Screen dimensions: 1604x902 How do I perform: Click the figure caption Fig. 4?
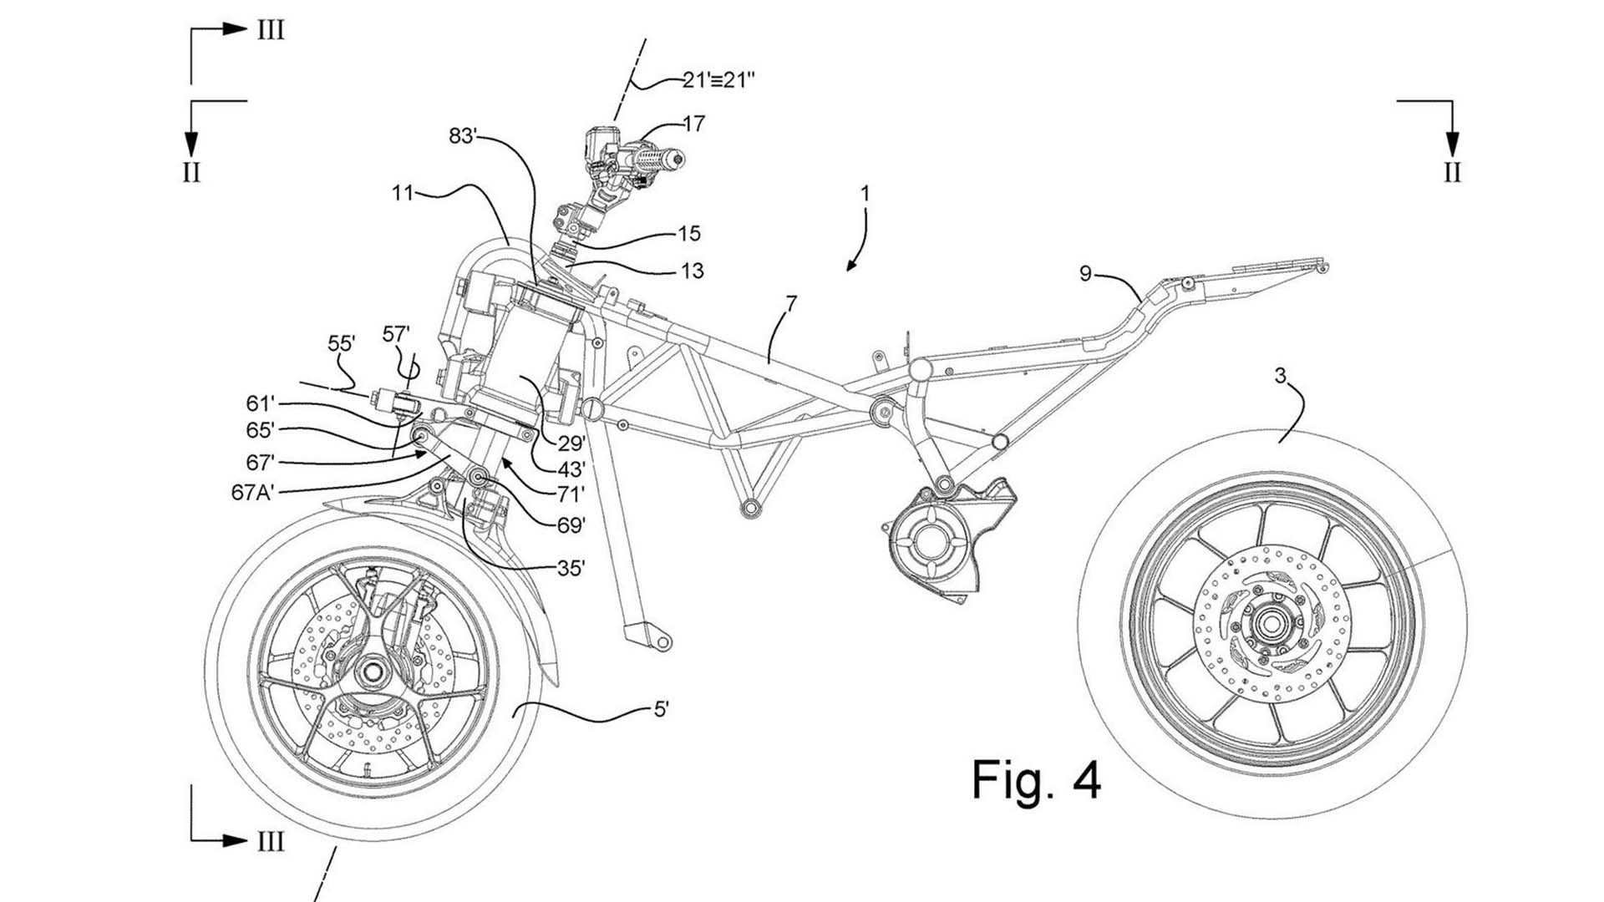(x=1036, y=779)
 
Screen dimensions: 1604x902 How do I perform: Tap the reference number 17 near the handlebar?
(x=694, y=124)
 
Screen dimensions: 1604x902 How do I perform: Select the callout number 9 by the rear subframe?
(x=1085, y=274)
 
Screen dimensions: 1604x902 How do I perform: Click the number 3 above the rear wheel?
(x=1281, y=376)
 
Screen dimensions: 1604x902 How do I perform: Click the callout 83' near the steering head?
(x=464, y=136)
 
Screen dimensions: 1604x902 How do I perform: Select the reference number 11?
(x=403, y=194)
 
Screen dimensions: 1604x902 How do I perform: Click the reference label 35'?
(x=571, y=569)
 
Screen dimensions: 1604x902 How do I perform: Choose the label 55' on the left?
(x=342, y=343)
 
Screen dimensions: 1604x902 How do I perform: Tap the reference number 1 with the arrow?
(x=865, y=194)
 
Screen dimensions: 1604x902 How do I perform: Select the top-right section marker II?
(x=1453, y=172)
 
